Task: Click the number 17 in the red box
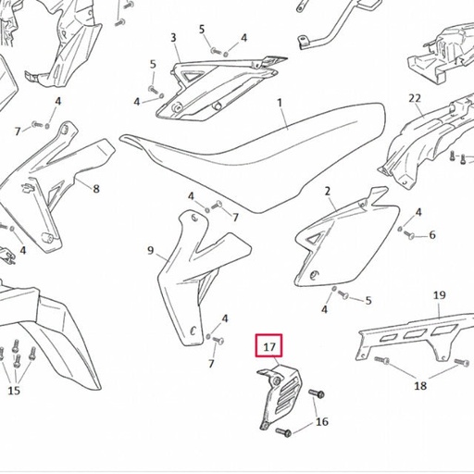point(268,347)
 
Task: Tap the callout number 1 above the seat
point(280,103)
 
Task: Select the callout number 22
point(415,98)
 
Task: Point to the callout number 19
point(440,295)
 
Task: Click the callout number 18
point(420,385)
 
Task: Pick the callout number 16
point(322,421)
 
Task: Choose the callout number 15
point(14,391)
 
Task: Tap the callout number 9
point(150,250)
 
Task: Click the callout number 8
point(96,189)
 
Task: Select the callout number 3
point(173,38)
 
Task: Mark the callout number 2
point(328,192)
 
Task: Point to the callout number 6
point(432,235)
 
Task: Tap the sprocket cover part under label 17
point(279,396)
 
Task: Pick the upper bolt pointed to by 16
point(316,393)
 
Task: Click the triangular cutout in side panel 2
point(314,239)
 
